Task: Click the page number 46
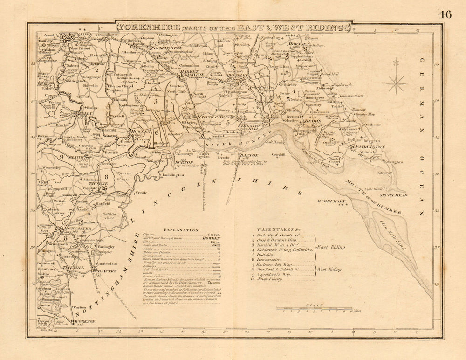tap(445, 14)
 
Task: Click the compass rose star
tap(397, 84)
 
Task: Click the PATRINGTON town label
tap(373, 146)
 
